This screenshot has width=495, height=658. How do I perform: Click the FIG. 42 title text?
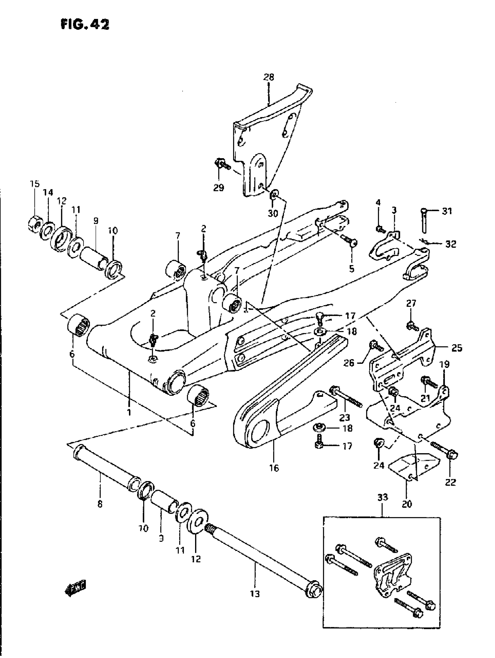click(85, 25)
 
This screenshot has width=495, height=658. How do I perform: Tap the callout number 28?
click(268, 78)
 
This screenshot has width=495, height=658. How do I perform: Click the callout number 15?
click(35, 184)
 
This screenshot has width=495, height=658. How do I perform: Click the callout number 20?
click(407, 504)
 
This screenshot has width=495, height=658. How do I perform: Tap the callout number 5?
click(352, 269)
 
